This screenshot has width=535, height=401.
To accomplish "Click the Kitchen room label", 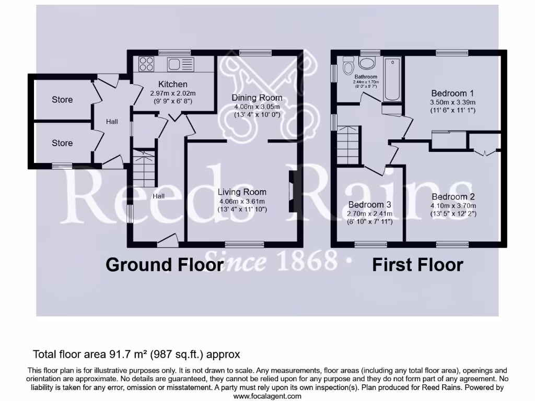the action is click(x=172, y=84).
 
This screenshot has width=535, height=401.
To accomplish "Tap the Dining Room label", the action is click(x=257, y=98).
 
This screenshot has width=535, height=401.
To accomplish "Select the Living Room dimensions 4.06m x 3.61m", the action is click(x=242, y=201).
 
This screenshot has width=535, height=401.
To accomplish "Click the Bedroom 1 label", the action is click(x=452, y=93).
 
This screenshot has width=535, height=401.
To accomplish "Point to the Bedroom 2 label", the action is click(x=453, y=196).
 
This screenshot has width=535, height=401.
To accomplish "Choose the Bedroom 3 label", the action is click(x=369, y=205).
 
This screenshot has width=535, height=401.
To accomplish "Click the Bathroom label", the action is click(x=366, y=77).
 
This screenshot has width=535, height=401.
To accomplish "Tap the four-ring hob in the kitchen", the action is click(x=146, y=64).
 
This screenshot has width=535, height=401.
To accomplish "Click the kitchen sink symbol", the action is click(x=180, y=64).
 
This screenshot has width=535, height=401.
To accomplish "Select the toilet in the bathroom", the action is click(x=348, y=65).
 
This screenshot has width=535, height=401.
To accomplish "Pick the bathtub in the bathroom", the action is click(x=392, y=79).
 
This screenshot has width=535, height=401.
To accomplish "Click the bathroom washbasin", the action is click(x=367, y=63).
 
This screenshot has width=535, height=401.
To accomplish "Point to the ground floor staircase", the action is click(x=144, y=168).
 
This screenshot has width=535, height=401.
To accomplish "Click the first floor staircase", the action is click(x=348, y=145).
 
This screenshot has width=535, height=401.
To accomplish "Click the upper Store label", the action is click(x=62, y=100).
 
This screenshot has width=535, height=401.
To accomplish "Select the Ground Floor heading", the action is click(x=165, y=265).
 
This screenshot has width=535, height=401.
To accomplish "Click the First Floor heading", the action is click(x=417, y=265).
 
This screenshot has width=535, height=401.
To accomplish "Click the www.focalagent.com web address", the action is click(x=267, y=396).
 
